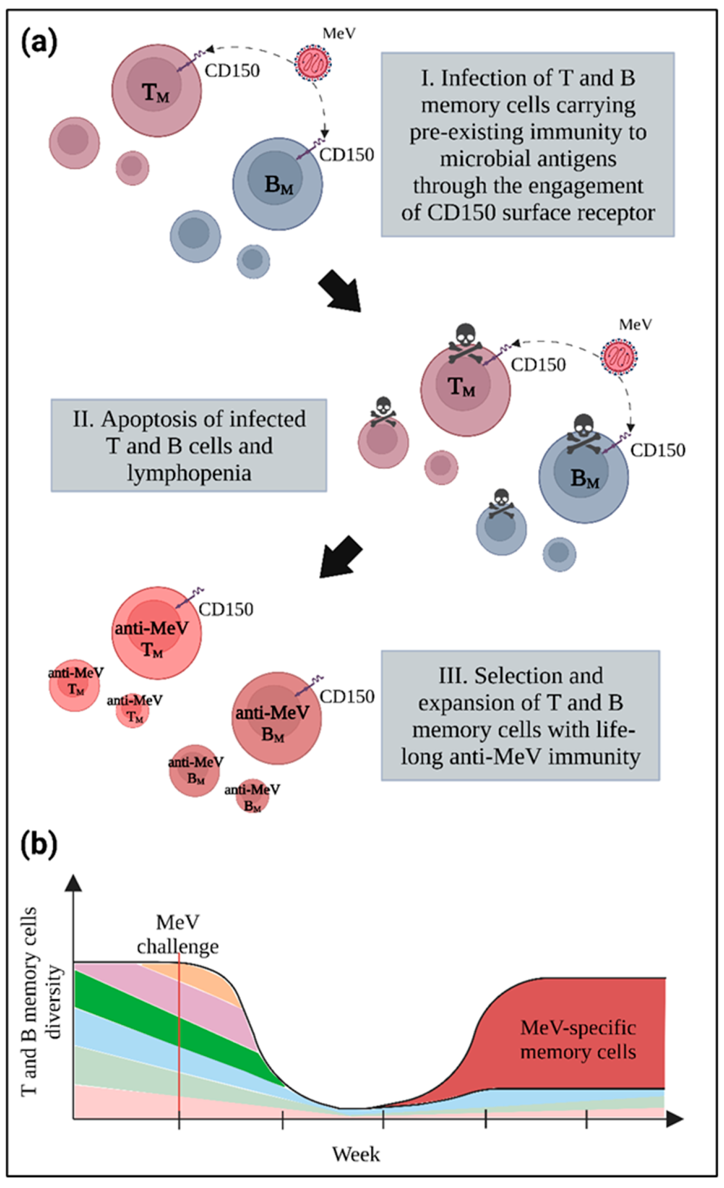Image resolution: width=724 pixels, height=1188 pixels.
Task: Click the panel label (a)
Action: pyautogui.click(x=39, y=42)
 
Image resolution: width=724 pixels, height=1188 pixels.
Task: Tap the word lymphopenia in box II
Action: pyautogui.click(x=189, y=473)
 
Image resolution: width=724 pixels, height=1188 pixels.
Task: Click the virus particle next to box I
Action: pyautogui.click(x=314, y=62)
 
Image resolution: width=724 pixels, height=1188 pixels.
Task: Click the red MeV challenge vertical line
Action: pyautogui.click(x=179, y=1027)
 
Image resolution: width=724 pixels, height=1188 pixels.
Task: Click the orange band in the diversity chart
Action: pyautogui.click(x=203, y=975)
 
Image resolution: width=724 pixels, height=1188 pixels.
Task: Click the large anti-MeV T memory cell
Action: pyautogui.click(x=156, y=632)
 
